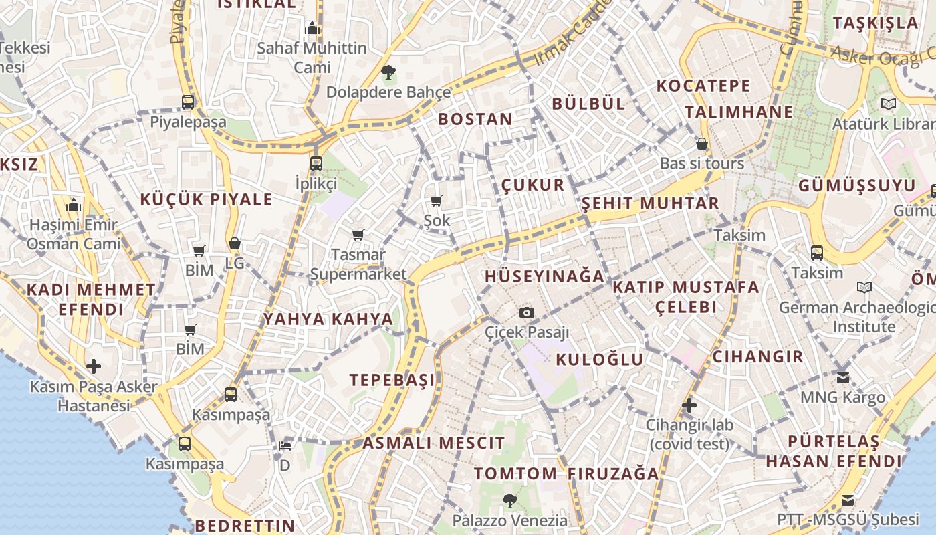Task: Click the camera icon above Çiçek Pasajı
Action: pyautogui.click(x=527, y=312)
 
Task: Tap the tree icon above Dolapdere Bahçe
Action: pyautogui.click(x=388, y=72)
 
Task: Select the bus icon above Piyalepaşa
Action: pyautogui.click(x=188, y=102)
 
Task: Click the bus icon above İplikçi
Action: pyautogui.click(x=316, y=163)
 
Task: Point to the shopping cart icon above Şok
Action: pyautogui.click(x=437, y=201)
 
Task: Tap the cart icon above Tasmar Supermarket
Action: pyautogui.click(x=358, y=235)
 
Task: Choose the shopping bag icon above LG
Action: pyautogui.click(x=234, y=244)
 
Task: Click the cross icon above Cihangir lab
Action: pyautogui.click(x=689, y=405)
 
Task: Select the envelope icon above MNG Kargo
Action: pyautogui.click(x=843, y=377)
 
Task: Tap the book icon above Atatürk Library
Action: pyautogui.click(x=888, y=104)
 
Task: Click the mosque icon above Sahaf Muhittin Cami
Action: pyautogui.click(x=312, y=29)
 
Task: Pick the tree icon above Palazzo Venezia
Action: pyautogui.click(x=509, y=500)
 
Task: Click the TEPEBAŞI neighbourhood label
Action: pyautogui.click(x=392, y=380)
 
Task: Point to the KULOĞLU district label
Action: pyautogui.click(x=600, y=360)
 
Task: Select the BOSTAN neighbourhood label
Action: pyautogui.click(x=475, y=120)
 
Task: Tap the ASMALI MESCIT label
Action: pyautogui.click(x=434, y=443)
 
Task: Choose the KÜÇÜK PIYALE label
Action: pyautogui.click(x=207, y=199)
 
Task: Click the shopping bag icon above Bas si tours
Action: pyautogui.click(x=702, y=144)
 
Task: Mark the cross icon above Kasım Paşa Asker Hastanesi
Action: pyautogui.click(x=94, y=366)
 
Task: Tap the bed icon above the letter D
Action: pyautogui.click(x=285, y=446)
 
